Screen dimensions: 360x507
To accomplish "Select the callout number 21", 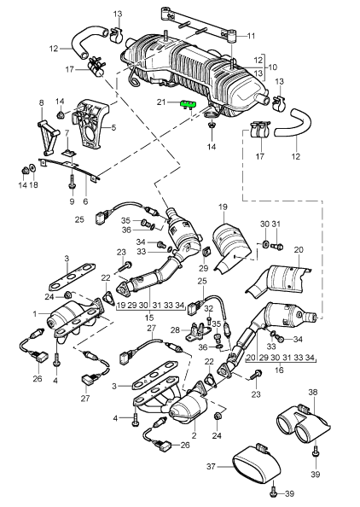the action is [x=161, y=102].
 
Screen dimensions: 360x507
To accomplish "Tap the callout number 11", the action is [x=251, y=36].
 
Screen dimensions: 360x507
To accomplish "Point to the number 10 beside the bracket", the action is [x=272, y=67].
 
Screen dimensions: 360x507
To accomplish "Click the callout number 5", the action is [x=113, y=128].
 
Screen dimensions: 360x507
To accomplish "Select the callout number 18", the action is [x=33, y=184].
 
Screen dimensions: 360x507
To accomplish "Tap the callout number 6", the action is [x=85, y=201].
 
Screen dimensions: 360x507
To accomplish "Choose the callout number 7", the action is [x=67, y=133].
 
